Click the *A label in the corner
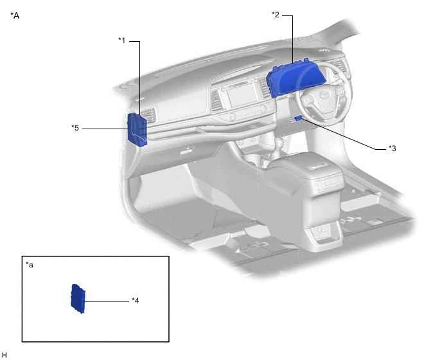tap(15, 15)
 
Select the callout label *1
tap(121, 40)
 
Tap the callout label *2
tap(276, 14)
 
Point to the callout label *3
tap(393, 148)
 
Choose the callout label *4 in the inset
tap(136, 300)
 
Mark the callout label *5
tap(75, 127)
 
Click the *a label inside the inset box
tap(30, 264)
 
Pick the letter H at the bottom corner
tap(4, 354)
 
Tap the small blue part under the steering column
tap(299, 118)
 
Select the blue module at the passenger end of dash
tap(137, 127)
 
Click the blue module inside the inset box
tap(78, 299)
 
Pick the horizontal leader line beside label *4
tap(106, 300)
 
